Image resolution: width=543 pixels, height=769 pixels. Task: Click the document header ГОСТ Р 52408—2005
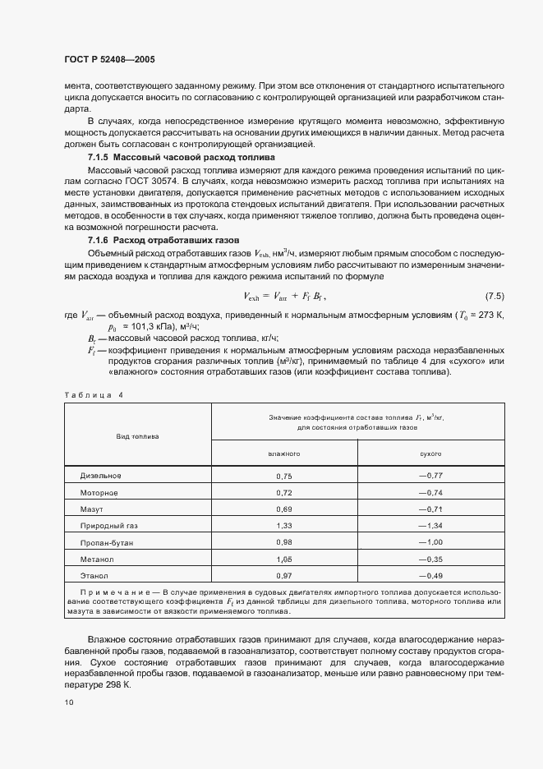[109, 60]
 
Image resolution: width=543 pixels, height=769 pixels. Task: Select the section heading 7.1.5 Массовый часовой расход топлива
[181, 156]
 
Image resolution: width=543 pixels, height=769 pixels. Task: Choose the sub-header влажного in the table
[284, 454]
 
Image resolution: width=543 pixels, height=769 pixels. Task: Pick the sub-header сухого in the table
[430, 454]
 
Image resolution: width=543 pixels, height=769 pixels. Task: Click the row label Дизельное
[101, 476]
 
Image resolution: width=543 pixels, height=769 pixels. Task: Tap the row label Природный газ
[108, 526]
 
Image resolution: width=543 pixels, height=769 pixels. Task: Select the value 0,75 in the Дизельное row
[284, 477]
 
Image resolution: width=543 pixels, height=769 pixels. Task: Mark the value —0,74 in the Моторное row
[430, 493]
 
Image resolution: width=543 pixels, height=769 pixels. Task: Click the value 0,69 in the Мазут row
[284, 509]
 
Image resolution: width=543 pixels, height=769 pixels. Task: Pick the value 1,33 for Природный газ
[284, 526]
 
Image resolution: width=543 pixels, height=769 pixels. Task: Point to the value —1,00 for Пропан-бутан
[430, 542]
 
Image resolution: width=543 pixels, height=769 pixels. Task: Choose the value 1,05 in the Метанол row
[284, 559]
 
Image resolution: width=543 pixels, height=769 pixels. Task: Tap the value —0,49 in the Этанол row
[430, 575]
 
